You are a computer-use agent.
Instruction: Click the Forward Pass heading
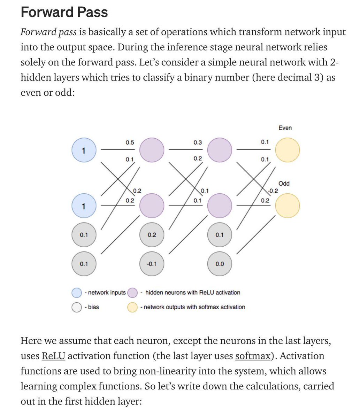coord(64,12)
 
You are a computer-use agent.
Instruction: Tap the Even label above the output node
coord(285,128)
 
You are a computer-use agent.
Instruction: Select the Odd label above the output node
coord(284,184)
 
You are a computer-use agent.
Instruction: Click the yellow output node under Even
coord(288,150)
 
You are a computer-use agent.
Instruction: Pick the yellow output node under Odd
coord(288,206)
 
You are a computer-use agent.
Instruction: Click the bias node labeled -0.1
coord(152,264)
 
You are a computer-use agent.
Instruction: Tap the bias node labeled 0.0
coord(220,264)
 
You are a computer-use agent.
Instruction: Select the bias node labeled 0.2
coord(152,235)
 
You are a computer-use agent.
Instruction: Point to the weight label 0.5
coord(130,142)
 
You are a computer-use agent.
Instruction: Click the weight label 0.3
coord(198,142)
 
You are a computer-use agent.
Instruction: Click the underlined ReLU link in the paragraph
coord(54,356)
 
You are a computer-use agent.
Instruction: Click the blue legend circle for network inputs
coord(77,293)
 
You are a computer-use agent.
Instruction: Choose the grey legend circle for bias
coord(77,307)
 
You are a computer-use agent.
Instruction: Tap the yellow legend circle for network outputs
coord(132,307)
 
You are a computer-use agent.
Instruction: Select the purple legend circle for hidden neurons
coord(132,293)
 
